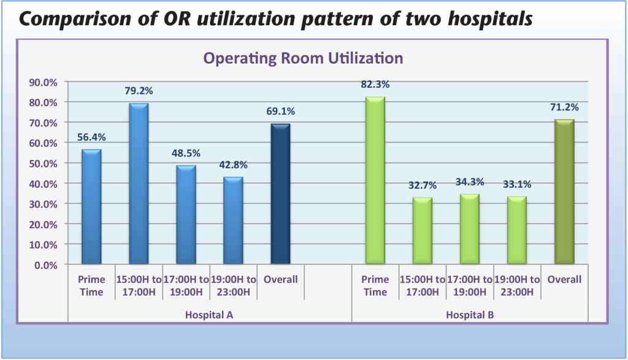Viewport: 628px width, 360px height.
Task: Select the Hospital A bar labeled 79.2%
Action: point(139,184)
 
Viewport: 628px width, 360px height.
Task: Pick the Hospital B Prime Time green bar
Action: point(375,181)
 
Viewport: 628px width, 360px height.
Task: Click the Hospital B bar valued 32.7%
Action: point(422,231)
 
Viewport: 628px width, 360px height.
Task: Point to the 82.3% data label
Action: point(375,85)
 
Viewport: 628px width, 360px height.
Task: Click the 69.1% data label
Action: point(280,112)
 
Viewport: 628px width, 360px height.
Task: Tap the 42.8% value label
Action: point(233,165)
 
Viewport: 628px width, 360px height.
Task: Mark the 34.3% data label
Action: point(469,182)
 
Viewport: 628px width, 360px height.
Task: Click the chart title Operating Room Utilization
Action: point(303,58)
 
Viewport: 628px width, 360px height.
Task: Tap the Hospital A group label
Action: point(209,315)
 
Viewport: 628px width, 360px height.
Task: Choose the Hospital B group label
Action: point(470,315)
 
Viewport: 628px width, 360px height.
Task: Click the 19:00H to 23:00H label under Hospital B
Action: point(517,285)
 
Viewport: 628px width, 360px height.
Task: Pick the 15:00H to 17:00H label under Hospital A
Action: point(139,285)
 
